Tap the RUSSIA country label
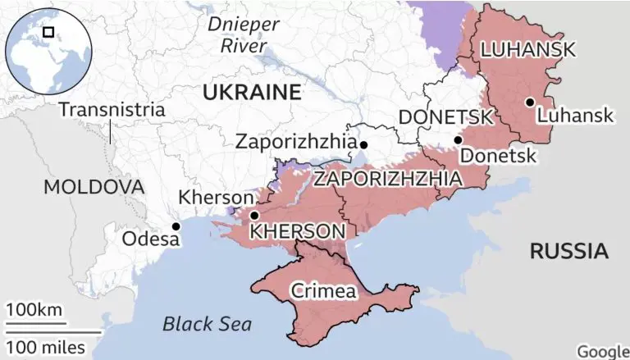pos(569,251)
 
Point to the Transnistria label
pos(112,109)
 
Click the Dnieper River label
pos(243,34)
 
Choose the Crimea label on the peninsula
pos(323,291)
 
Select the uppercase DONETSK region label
pos(445,117)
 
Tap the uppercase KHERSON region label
pos(296,232)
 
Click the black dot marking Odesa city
pos(175,226)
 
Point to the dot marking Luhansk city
pos(530,103)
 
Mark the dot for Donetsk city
pos(458,140)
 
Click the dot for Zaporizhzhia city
pos(363,145)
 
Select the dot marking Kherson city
pos(254,216)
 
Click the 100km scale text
pos(34,311)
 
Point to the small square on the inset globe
pos(48,32)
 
